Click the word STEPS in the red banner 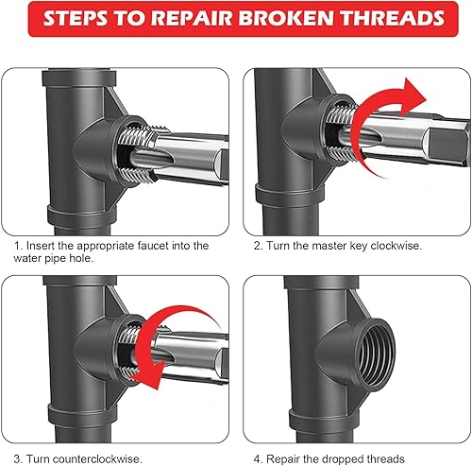(76, 18)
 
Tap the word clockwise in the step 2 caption (396, 246)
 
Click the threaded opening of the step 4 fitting (377, 353)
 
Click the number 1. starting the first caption (18, 246)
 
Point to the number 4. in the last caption (258, 458)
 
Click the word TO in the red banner (129, 18)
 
